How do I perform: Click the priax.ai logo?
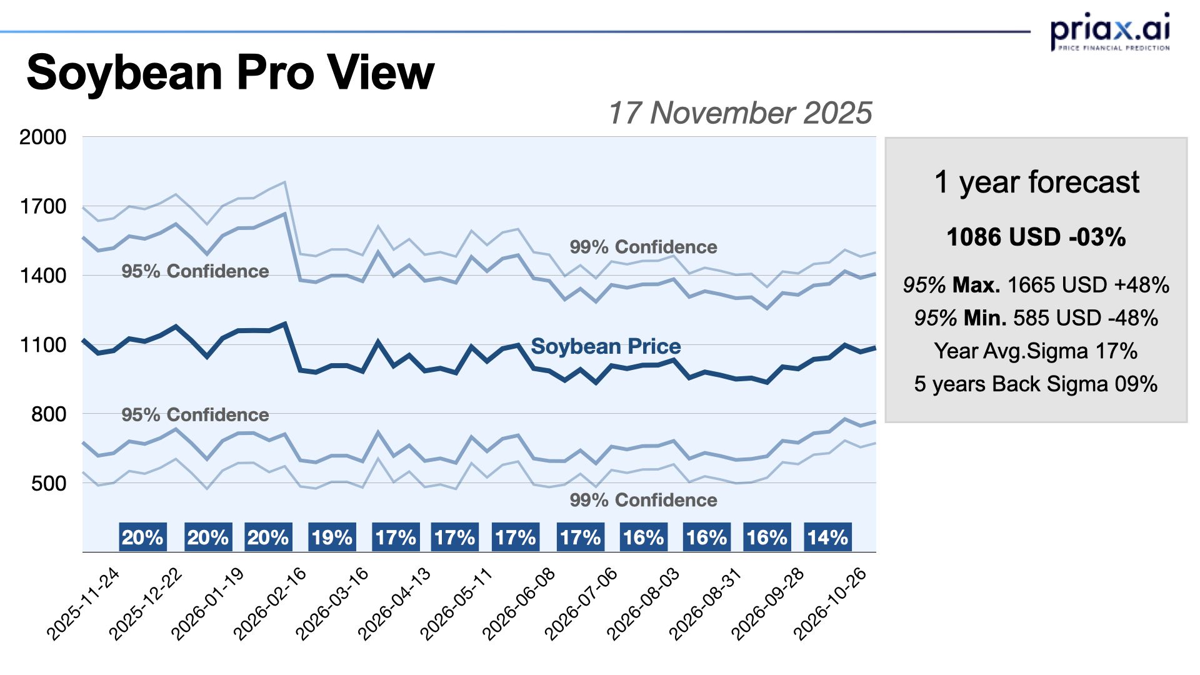tap(1109, 31)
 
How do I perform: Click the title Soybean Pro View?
tap(230, 72)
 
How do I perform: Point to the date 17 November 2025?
tap(739, 113)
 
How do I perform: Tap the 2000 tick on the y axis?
tap(42, 137)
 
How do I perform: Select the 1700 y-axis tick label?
tap(42, 206)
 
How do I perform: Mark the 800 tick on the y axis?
tap(48, 414)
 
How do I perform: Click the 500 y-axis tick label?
tap(48, 483)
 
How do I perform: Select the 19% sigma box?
tap(332, 537)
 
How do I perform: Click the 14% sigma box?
tap(827, 537)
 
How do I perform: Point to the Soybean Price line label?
tap(606, 346)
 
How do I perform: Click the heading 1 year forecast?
tap(1036, 182)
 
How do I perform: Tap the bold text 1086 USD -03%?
tap(1036, 237)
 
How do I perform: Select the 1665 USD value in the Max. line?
tap(1057, 285)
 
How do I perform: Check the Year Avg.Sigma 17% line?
tap(1036, 351)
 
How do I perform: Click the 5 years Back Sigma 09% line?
tap(1036, 384)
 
